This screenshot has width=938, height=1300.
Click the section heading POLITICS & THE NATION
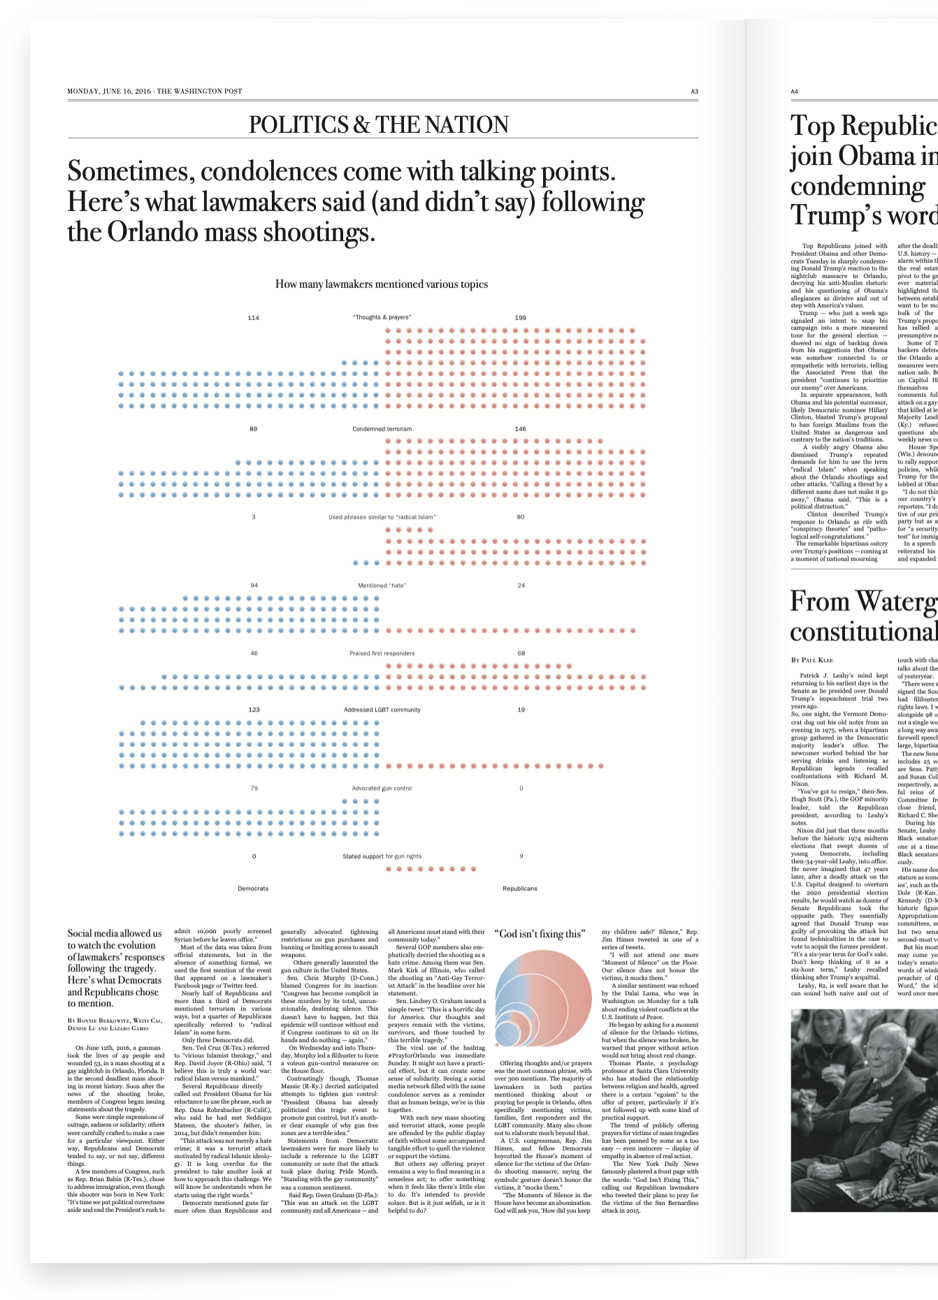[379, 124]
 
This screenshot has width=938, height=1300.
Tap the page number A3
[694, 92]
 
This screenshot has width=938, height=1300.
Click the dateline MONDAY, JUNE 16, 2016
[109, 92]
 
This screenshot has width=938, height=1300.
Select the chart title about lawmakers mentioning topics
[382, 284]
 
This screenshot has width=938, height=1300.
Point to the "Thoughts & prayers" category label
[382, 317]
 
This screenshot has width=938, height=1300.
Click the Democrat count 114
[253, 318]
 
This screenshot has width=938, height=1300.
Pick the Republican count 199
[520, 318]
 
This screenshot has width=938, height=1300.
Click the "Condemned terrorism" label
[382, 429]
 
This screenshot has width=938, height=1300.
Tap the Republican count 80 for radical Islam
[520, 517]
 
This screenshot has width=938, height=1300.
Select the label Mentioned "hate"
[382, 586]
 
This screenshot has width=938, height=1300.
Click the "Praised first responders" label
[382, 653]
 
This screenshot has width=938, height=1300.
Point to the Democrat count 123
[254, 710]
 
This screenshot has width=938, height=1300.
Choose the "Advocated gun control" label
[382, 788]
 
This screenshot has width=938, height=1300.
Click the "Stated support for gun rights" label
[382, 856]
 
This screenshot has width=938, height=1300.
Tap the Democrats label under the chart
[253, 889]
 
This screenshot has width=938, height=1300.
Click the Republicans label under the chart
[520, 889]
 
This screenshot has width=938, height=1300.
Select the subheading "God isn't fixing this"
[539, 934]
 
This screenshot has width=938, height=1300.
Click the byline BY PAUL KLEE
[811, 660]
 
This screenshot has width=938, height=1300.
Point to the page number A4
[794, 92]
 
